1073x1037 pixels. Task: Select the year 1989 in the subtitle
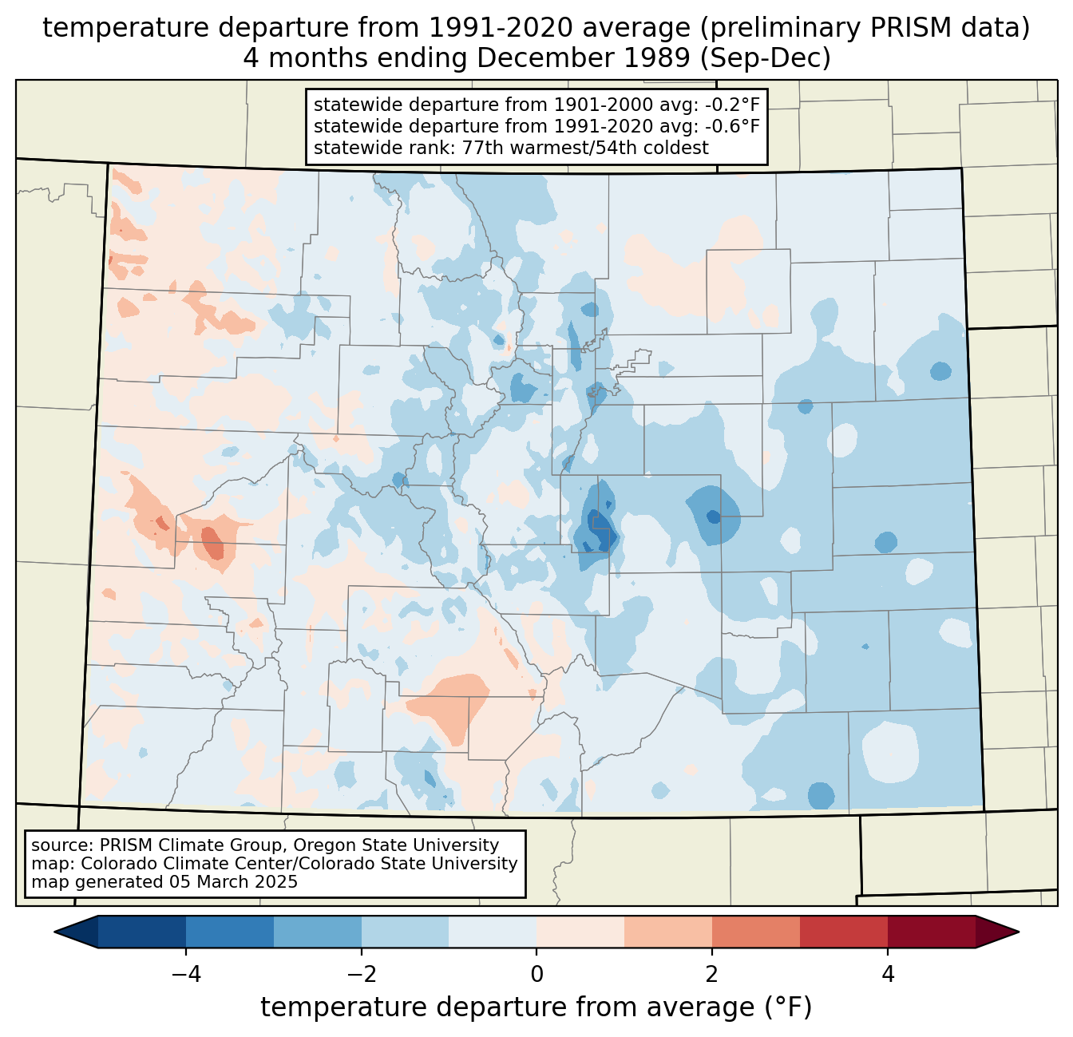[x=659, y=57]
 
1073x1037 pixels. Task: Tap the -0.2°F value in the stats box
[x=732, y=105]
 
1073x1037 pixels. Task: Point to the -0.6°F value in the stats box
[x=732, y=125]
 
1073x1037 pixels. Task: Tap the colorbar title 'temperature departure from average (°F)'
[x=536, y=1007]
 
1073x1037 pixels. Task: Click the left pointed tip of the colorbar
[x=54, y=932]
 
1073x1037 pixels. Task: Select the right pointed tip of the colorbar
[x=1019, y=932]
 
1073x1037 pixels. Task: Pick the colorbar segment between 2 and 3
[x=756, y=932]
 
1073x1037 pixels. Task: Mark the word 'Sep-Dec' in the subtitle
[x=766, y=58]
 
